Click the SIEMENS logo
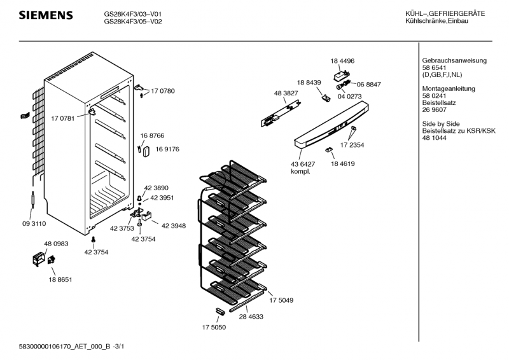[x=45, y=15]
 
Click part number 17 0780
[x=162, y=91]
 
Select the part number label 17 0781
[x=62, y=118]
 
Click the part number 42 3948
[x=174, y=225]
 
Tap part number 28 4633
[x=251, y=316]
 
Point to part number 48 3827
[x=286, y=93]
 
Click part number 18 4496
[x=342, y=60]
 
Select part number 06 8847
[x=369, y=84]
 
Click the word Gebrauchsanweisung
[x=445, y=60]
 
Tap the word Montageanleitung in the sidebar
[x=442, y=88]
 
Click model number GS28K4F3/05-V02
[x=133, y=20]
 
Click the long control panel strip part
[x=331, y=130]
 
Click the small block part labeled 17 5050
[x=220, y=310]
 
